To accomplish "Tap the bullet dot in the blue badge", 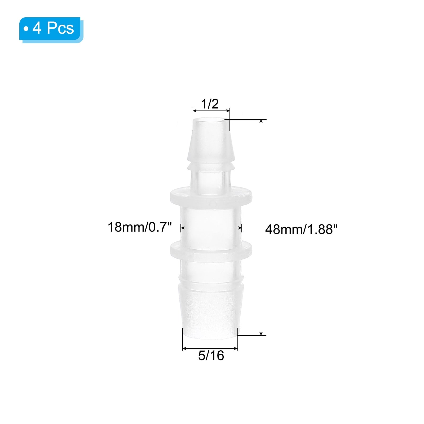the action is pos(26,28).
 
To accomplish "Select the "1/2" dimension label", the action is pos(210,104).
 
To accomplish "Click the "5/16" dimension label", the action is pos(211,356).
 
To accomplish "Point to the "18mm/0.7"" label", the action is pos(140,227).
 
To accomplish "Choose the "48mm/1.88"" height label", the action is pos(302,229).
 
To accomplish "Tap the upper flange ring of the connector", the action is pos(211,197).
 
